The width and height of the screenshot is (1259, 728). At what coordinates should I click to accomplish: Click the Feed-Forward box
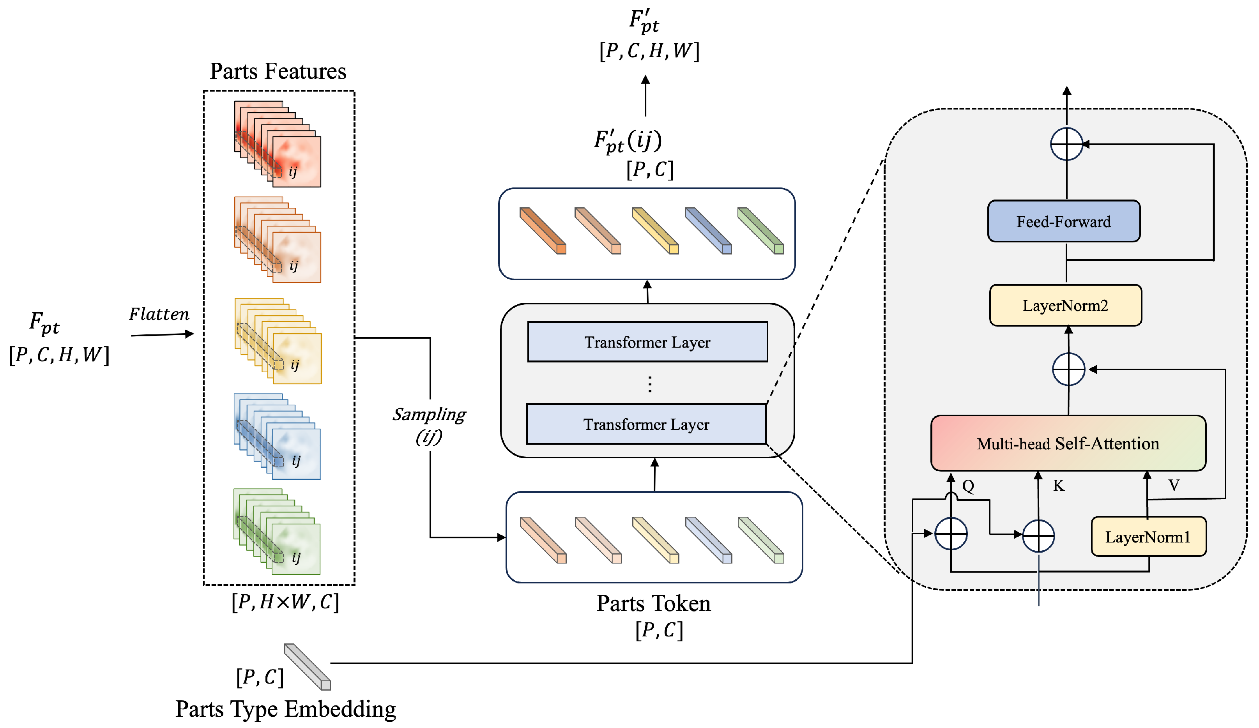click(1064, 221)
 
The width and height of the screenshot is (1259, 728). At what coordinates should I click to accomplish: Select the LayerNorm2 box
click(1065, 305)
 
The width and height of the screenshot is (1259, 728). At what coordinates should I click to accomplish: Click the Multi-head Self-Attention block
click(1068, 443)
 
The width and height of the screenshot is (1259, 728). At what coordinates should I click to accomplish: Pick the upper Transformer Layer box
click(647, 342)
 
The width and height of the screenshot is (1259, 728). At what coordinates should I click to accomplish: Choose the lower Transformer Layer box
click(646, 424)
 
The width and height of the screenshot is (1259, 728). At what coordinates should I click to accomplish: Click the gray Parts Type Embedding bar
click(307, 666)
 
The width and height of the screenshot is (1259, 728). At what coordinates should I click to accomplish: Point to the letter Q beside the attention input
click(968, 486)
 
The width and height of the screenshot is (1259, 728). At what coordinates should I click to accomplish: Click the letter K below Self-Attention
click(1059, 486)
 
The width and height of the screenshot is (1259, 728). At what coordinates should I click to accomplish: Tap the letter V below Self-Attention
click(1174, 485)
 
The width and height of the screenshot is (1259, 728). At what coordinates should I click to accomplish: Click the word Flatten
click(159, 314)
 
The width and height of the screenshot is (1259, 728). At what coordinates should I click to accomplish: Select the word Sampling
click(429, 414)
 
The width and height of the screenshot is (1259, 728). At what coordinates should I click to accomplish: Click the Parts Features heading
click(278, 71)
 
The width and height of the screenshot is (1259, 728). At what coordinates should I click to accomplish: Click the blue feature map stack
click(277, 436)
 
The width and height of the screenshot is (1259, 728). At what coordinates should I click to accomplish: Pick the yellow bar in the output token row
click(655, 231)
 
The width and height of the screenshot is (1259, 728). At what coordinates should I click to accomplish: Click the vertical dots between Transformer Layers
click(649, 384)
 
